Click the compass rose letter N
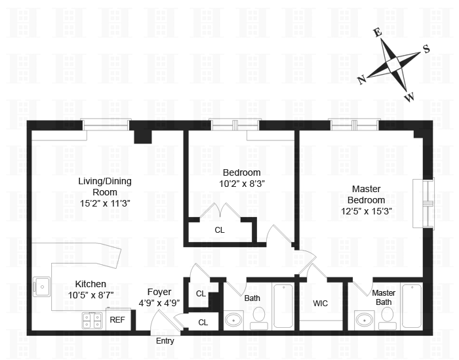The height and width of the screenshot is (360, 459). coord(361,79)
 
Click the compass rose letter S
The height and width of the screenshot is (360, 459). coord(426,49)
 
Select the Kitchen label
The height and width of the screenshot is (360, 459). coord(90,284)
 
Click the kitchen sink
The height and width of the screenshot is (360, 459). coord(42,287)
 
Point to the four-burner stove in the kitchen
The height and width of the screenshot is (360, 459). coord(92,320)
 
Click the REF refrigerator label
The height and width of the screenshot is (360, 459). coord(117,320)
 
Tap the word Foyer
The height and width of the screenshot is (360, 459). coord(159,292)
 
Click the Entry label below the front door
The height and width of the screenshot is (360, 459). coord(165,341)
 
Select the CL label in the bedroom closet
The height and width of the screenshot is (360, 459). coord(220,230)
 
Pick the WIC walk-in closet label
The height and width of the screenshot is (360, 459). coord(321,304)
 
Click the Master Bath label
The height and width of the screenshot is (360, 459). coord(383,298)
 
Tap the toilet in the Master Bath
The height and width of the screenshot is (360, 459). coord(388,317)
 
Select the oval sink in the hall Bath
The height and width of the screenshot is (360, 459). coord(234,321)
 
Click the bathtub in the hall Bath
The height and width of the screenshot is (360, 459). coord(283,306)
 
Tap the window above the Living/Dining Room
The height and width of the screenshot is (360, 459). coord(106,125)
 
